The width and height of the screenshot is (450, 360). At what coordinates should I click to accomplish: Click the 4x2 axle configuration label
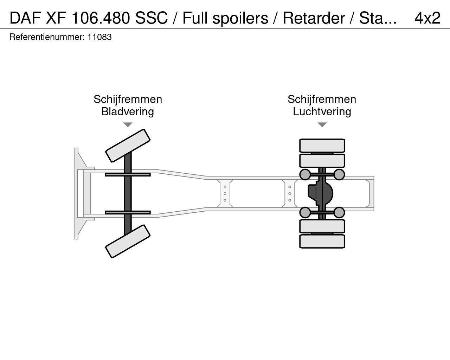[x=427, y=18]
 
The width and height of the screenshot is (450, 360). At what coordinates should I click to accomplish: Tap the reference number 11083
[x=99, y=37]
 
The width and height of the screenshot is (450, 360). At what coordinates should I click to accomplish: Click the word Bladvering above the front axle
[x=128, y=111]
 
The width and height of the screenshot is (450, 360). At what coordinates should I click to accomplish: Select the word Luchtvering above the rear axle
[x=322, y=111]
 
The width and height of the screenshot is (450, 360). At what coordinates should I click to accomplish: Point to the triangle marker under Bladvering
[x=128, y=124]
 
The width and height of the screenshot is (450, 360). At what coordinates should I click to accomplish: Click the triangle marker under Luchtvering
[x=322, y=124]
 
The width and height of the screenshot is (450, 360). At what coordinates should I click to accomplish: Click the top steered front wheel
[x=128, y=146]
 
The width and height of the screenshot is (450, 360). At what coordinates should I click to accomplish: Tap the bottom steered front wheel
[x=128, y=241]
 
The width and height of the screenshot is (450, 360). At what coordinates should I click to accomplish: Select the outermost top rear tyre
[x=322, y=146]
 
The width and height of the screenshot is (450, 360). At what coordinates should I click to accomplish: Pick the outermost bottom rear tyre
[x=322, y=242]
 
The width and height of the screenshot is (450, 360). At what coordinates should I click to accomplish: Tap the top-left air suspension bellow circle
[x=305, y=174]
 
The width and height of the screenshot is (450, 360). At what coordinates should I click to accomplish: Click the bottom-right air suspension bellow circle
[x=339, y=212]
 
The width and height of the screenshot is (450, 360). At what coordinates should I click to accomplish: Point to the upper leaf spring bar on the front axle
[x=128, y=174]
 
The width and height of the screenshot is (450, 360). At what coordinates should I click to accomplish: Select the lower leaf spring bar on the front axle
[x=128, y=212]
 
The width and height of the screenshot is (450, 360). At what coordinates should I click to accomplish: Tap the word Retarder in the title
[x=314, y=18]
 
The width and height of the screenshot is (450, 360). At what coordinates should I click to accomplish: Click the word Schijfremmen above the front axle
[x=128, y=99]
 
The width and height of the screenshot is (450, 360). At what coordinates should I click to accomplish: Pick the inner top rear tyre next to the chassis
[x=322, y=161]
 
